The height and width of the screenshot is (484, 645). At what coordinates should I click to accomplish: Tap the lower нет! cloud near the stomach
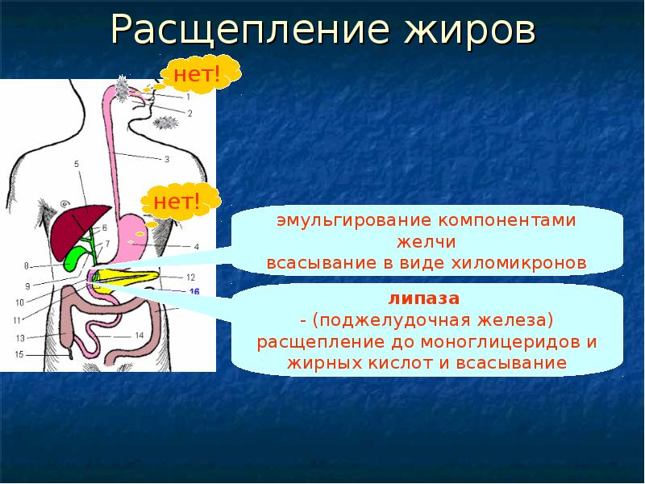pyautogui.click(x=177, y=200)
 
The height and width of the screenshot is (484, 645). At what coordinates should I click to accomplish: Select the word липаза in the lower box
pyautogui.click(x=427, y=298)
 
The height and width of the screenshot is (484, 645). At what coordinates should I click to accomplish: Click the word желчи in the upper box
pyautogui.click(x=427, y=242)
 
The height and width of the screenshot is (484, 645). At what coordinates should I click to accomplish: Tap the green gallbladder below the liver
pyautogui.click(x=74, y=257)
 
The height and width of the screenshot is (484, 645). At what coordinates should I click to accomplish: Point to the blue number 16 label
pyautogui.click(x=193, y=291)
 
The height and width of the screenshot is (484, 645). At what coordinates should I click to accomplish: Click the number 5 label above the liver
pyautogui.click(x=77, y=165)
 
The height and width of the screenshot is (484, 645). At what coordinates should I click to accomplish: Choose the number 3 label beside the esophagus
pyautogui.click(x=166, y=160)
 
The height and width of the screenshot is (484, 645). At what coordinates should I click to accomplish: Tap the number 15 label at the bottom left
pyautogui.click(x=19, y=354)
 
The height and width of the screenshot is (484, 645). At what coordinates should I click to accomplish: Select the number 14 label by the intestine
pyautogui.click(x=139, y=334)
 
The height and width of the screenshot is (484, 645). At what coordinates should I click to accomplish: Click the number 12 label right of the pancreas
pyautogui.click(x=190, y=277)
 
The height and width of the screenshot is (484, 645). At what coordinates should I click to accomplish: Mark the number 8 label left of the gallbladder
pyautogui.click(x=26, y=265)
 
